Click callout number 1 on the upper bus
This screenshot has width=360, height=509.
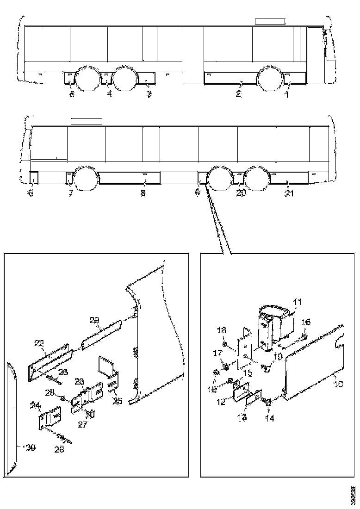(x=286, y=94)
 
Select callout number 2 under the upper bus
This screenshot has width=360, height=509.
(x=238, y=94)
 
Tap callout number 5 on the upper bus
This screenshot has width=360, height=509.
(x=72, y=94)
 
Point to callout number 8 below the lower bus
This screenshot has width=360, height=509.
(x=143, y=193)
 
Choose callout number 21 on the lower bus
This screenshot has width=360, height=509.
(x=289, y=193)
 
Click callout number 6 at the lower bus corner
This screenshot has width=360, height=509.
(x=31, y=193)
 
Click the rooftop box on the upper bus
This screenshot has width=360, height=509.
(x=269, y=21)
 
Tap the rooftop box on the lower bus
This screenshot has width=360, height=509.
(x=86, y=121)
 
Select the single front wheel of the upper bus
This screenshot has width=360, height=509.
(x=271, y=79)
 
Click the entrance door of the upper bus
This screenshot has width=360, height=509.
(x=317, y=55)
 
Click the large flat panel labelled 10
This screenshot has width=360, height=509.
(x=315, y=366)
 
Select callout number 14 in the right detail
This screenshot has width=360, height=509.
(x=269, y=418)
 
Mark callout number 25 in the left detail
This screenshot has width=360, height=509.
(x=118, y=400)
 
